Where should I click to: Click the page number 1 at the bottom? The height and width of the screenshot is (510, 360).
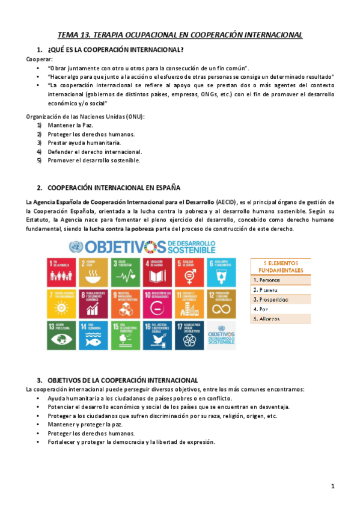pos(332,486)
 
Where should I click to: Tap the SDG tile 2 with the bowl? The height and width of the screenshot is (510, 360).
pos(94,268)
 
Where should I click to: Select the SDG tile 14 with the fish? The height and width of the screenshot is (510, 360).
pos(94,334)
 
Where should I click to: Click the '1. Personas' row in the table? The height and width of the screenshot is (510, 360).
pos(281,280)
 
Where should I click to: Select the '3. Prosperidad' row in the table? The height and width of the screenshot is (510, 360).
pos(281,299)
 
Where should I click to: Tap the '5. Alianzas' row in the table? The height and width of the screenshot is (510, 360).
pos(281,318)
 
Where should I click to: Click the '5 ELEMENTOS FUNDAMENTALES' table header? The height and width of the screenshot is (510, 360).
pos(281,266)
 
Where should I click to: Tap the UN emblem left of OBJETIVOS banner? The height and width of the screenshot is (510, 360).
pos(76,246)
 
